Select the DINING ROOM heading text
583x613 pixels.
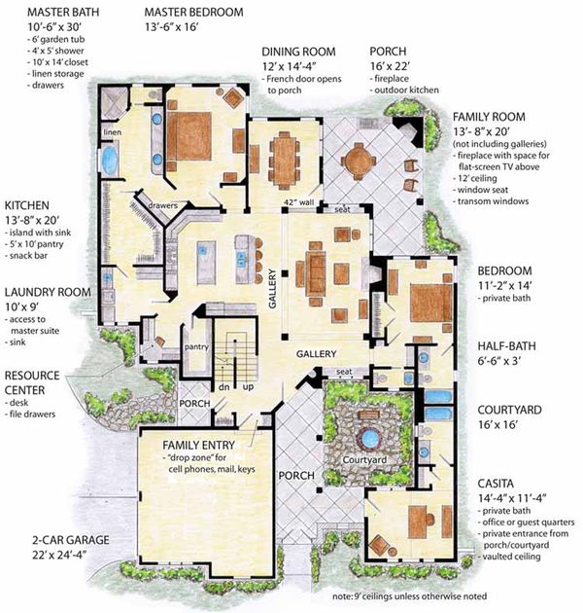[298, 53]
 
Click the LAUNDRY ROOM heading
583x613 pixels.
[48, 291]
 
